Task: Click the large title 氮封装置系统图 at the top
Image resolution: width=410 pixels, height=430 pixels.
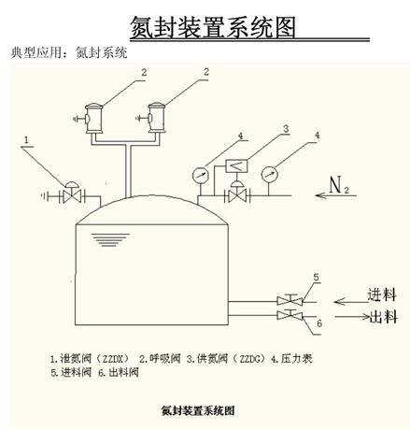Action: pos(213,27)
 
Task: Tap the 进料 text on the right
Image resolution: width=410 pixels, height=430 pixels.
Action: pos(382,294)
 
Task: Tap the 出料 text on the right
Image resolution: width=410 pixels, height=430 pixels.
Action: pos(383,317)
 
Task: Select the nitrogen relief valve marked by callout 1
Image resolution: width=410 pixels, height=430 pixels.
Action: pos(72,193)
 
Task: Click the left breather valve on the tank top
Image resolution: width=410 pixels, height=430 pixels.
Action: pos(93,119)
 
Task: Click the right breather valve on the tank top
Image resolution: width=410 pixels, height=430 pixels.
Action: pos(156,118)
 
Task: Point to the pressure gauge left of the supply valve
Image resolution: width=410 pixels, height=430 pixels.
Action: pos(200,175)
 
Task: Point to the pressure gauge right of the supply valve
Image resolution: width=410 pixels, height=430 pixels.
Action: pos(269,174)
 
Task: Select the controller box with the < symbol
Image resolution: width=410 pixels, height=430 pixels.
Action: pos(236,166)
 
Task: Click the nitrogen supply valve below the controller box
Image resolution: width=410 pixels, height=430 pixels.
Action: pos(237,193)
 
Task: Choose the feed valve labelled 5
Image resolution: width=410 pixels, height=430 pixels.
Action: pos(290,300)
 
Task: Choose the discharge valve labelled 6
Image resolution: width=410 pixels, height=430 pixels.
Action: pos(290,314)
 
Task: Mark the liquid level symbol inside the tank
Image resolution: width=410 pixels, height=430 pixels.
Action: pos(110,240)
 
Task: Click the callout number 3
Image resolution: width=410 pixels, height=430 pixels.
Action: pos(286,129)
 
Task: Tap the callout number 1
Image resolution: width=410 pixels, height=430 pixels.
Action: pos(26,140)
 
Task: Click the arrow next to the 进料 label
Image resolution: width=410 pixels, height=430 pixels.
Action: pos(351,302)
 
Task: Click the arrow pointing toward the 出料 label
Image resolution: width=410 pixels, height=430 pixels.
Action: pos(352,317)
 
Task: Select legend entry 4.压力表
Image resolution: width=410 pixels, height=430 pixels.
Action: pos(291,359)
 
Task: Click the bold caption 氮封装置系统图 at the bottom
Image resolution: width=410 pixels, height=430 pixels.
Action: pos(198,410)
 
